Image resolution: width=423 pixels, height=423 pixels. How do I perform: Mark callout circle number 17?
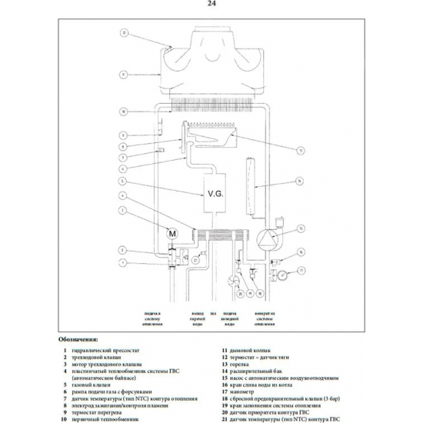point(301,270)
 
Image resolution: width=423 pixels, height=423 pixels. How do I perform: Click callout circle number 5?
point(123,182)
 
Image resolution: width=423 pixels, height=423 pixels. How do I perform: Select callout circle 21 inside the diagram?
point(195,260)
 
